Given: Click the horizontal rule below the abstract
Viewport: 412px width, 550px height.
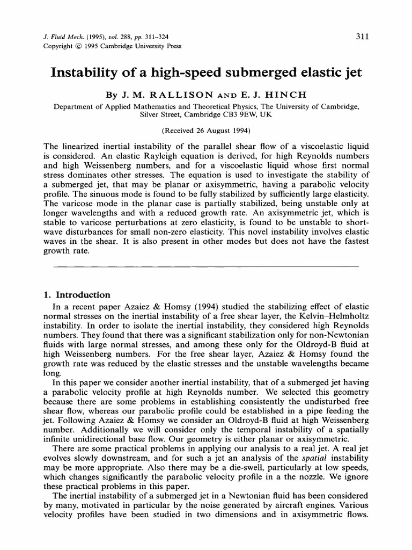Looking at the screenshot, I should point(207,265).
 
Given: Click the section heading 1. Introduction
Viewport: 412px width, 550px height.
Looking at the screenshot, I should point(77,295).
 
